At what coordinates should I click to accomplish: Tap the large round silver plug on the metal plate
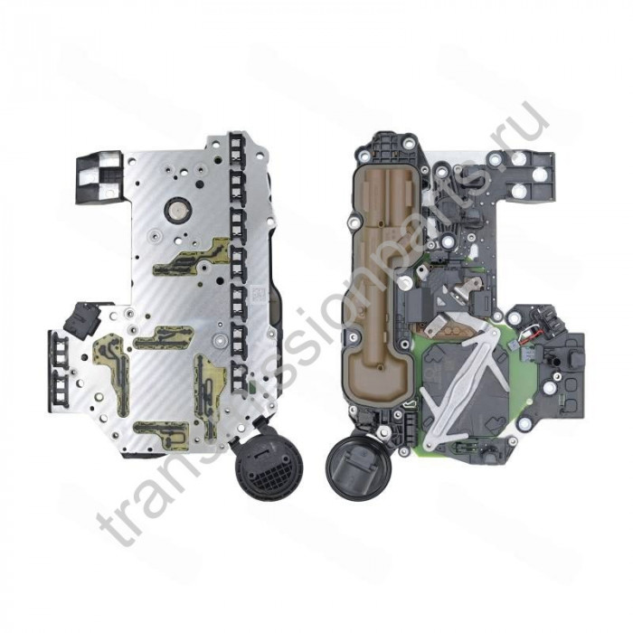pos(176,210)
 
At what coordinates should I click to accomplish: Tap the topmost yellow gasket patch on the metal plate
pos(193,255)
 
